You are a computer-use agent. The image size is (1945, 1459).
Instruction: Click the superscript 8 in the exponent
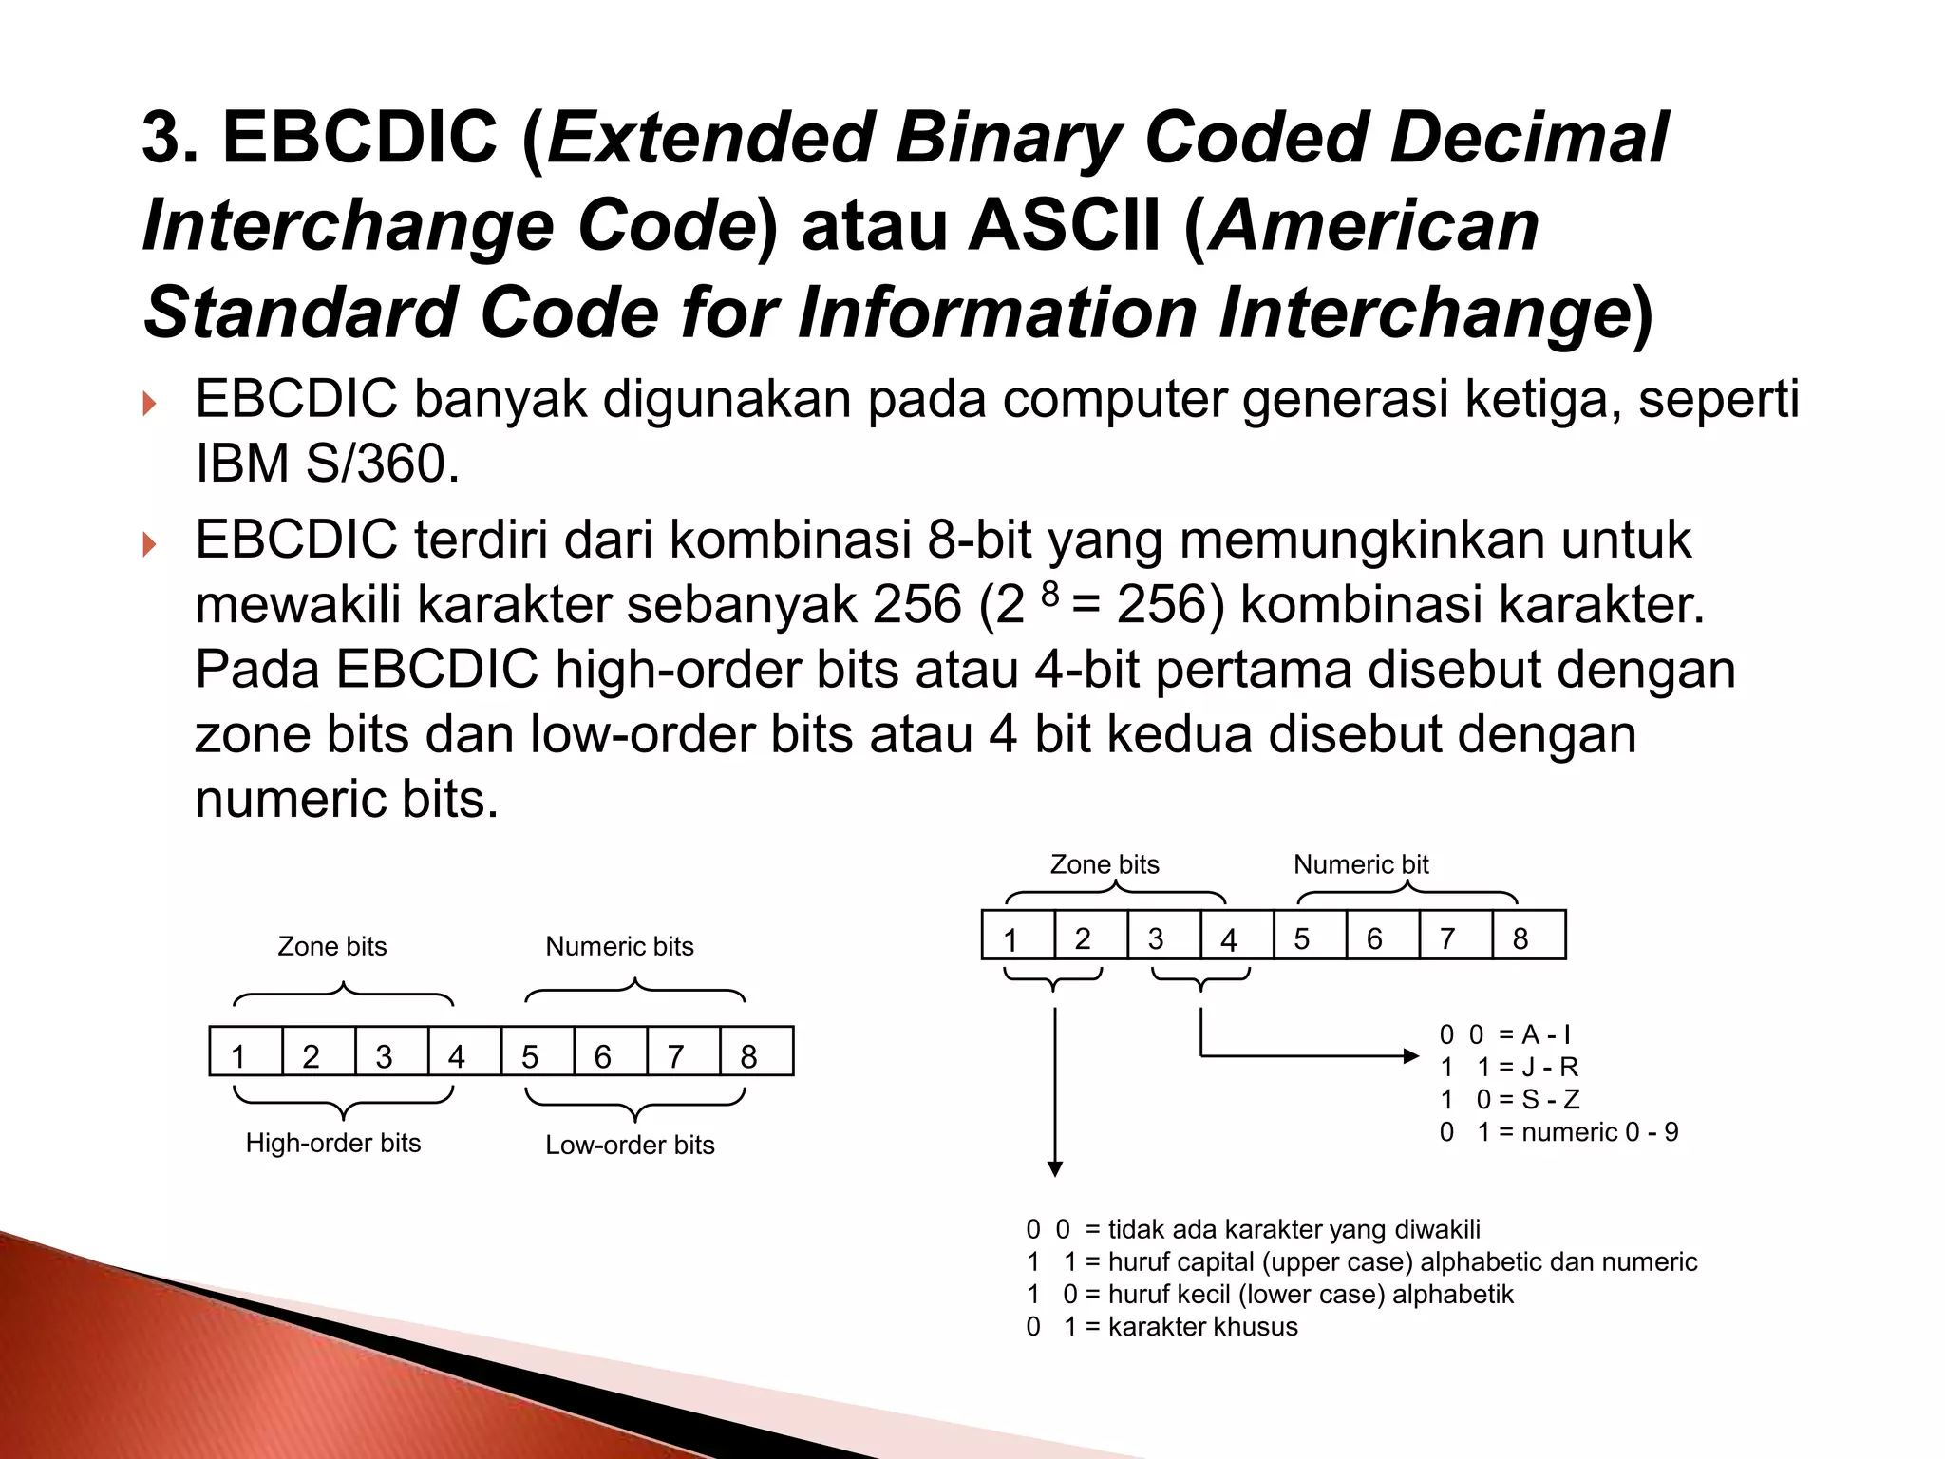[1048, 594]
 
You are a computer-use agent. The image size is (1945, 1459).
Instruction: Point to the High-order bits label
[332, 1143]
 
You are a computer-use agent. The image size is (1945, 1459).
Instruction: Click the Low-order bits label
[630, 1145]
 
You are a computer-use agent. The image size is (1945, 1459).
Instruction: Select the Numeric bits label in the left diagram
[619, 946]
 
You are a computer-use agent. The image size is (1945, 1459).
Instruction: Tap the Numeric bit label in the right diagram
[1360, 864]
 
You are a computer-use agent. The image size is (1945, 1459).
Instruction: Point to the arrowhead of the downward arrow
[1054, 1168]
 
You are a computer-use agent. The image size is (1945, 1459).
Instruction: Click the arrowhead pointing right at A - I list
[1411, 1055]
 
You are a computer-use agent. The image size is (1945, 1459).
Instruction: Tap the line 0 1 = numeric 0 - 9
[1558, 1132]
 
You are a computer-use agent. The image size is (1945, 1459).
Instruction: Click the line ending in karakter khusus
[1161, 1326]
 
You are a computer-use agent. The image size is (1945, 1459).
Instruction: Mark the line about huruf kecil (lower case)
[1269, 1294]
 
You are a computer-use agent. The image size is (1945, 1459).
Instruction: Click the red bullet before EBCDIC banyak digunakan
[148, 406]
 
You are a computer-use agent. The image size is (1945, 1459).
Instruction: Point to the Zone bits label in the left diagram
[331, 946]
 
